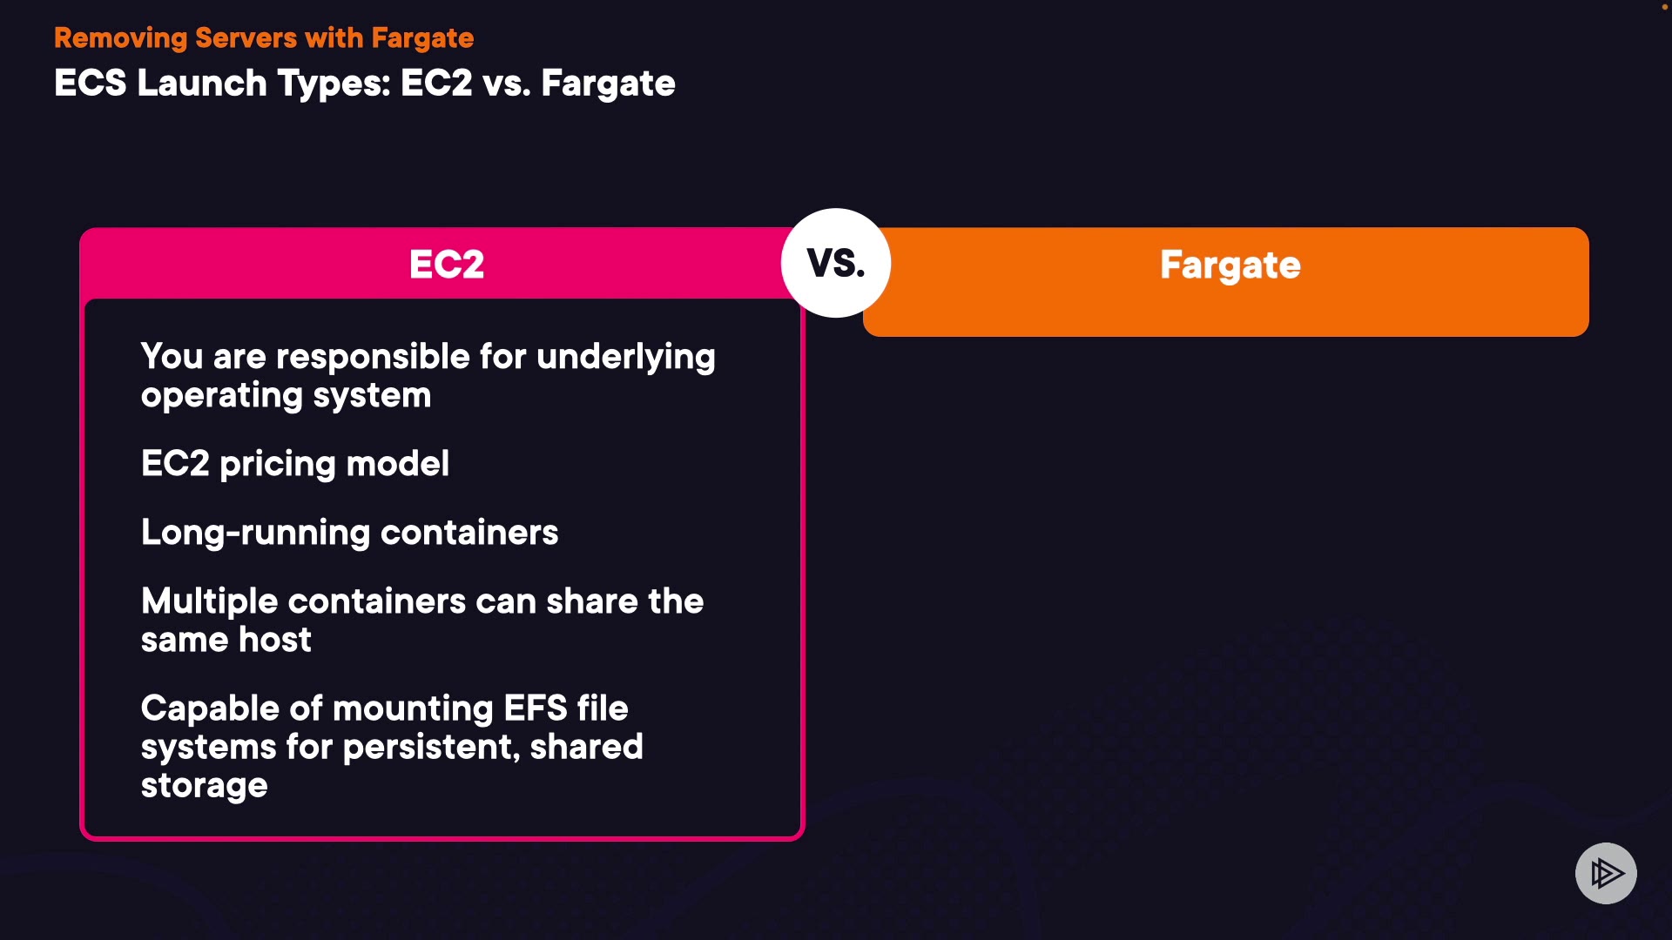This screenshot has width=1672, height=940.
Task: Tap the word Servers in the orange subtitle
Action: point(246,38)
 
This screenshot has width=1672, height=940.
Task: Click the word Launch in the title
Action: point(202,84)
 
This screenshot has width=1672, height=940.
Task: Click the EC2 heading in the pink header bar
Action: point(447,265)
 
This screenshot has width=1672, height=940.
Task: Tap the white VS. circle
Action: point(836,263)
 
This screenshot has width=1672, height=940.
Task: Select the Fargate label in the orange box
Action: point(1230,265)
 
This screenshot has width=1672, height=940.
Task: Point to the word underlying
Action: point(626,358)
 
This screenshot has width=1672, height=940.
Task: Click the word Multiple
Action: point(210,602)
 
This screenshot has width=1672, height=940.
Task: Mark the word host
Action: point(275,641)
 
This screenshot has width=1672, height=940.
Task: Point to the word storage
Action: point(205,787)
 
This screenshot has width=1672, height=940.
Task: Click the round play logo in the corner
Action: point(1606,873)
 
